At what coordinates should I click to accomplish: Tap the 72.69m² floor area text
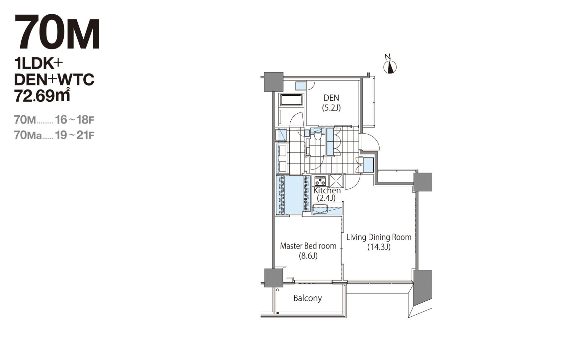pos(42,95)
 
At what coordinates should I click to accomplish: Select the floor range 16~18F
pos(75,120)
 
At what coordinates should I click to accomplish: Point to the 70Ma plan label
pos(28,135)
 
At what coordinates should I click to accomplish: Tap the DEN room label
pos(331,98)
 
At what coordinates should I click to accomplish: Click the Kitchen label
pos(327,190)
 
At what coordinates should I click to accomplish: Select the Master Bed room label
pos(308,246)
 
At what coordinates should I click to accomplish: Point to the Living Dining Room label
pos(379,237)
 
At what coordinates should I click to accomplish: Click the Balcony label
pos(307,298)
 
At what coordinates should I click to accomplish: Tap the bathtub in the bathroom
pos(291,100)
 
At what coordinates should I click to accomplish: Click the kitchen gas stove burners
pos(320,181)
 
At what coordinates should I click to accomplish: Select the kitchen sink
pos(320,209)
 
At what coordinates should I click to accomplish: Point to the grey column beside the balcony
pos(274,278)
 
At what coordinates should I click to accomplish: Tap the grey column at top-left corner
pos(274,82)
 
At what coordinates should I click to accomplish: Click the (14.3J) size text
pos(379,247)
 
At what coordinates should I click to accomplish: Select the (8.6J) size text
pos(308,256)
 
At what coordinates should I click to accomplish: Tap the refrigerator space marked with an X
pos(336,181)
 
